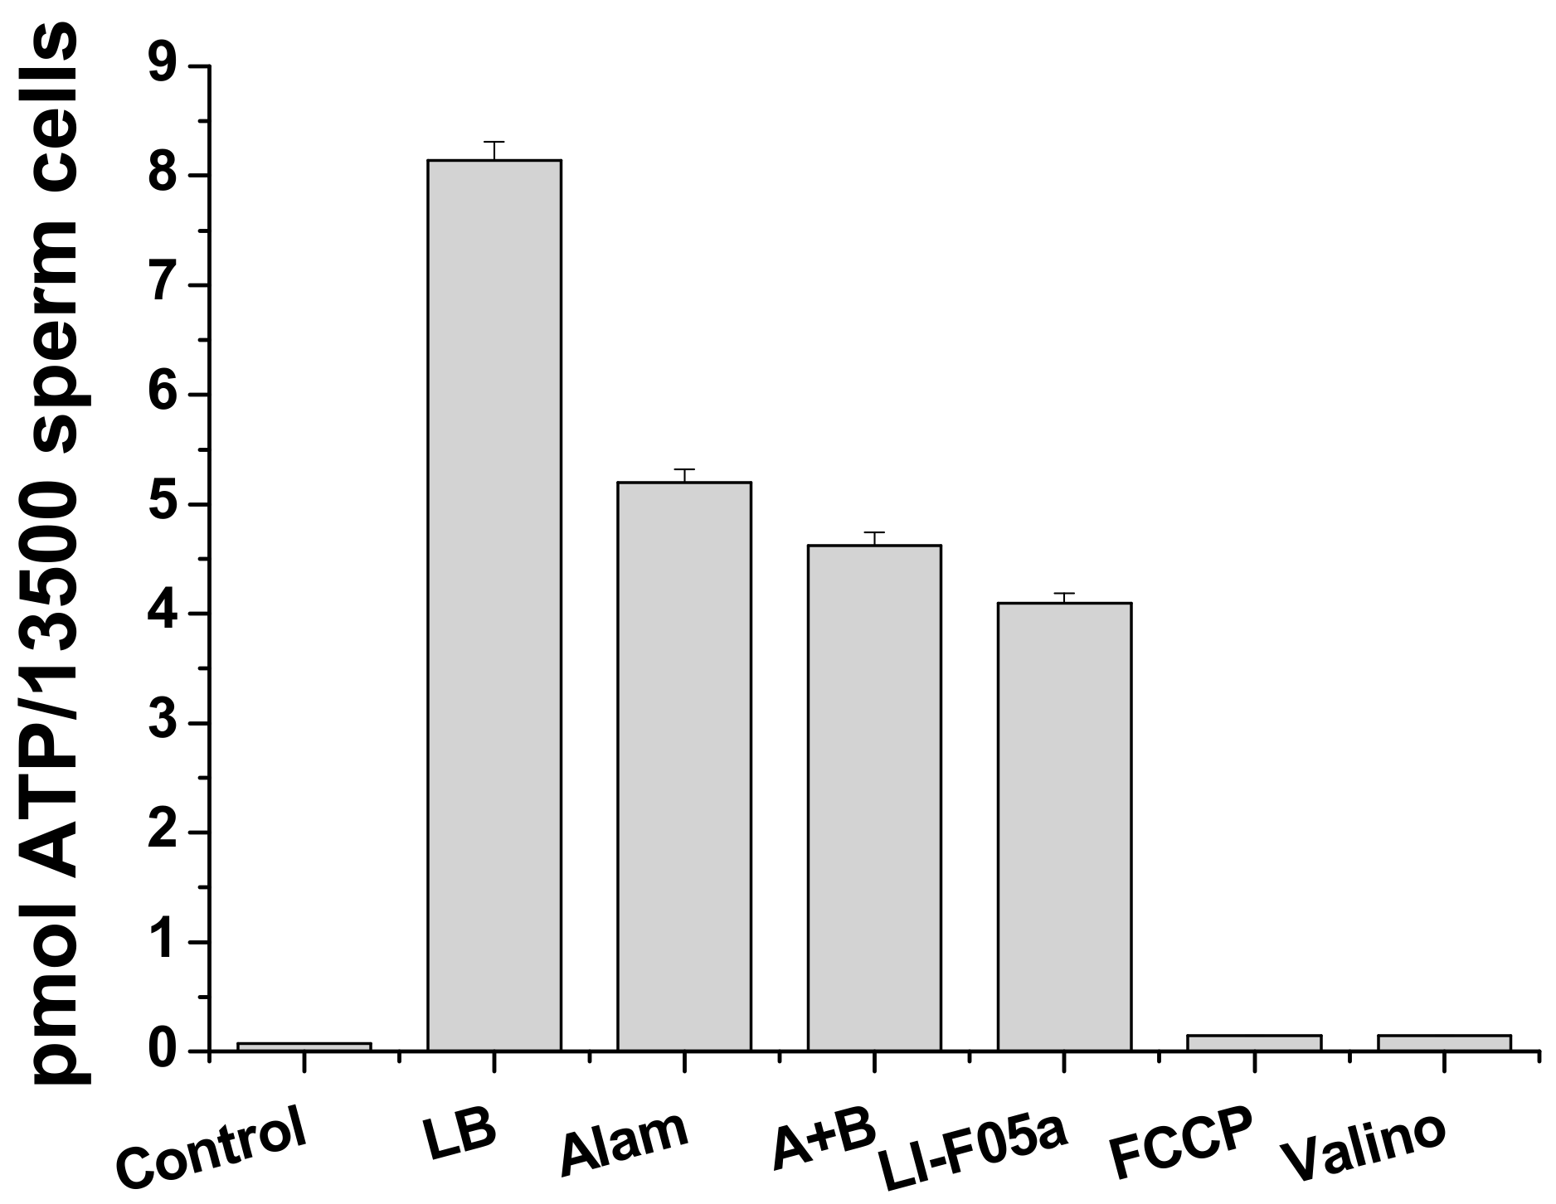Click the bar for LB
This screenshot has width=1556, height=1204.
[x=494, y=605]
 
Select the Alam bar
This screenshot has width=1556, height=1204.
[x=683, y=766]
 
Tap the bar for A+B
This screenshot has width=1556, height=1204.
[x=874, y=798]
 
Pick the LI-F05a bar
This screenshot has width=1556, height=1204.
[x=1064, y=827]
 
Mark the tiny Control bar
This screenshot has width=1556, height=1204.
[x=304, y=1046]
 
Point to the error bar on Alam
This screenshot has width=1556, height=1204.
[x=683, y=474]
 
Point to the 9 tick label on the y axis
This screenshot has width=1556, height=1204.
[x=163, y=66]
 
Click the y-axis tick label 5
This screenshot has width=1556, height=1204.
[x=163, y=504]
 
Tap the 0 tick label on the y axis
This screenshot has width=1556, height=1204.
[x=163, y=1051]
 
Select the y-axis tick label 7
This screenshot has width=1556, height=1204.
[x=163, y=285]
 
